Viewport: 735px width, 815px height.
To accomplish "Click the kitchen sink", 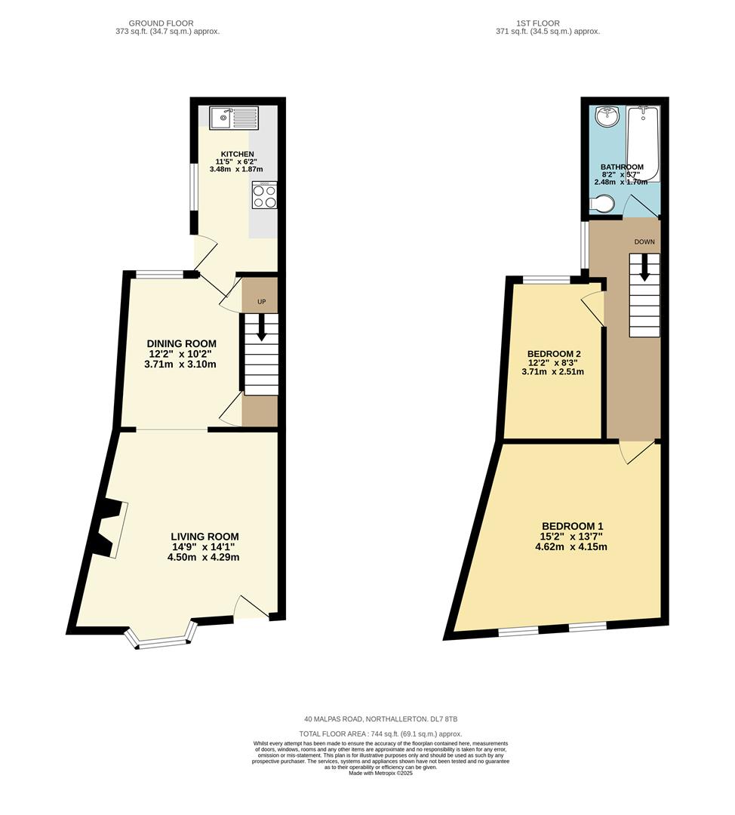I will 234,117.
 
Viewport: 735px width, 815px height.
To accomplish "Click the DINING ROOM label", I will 181,343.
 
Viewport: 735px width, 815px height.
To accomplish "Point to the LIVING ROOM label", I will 205,537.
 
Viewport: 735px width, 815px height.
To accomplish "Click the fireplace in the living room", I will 108,529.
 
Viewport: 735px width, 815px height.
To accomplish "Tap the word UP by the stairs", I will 262,302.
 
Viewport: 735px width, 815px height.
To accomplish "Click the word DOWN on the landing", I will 644,242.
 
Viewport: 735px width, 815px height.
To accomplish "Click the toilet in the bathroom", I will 603,204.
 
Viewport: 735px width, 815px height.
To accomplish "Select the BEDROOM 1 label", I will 572,526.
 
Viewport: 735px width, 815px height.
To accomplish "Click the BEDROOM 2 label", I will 554,353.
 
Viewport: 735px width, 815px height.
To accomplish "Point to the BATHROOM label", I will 622,167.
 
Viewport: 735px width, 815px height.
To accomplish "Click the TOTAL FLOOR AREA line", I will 380,733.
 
